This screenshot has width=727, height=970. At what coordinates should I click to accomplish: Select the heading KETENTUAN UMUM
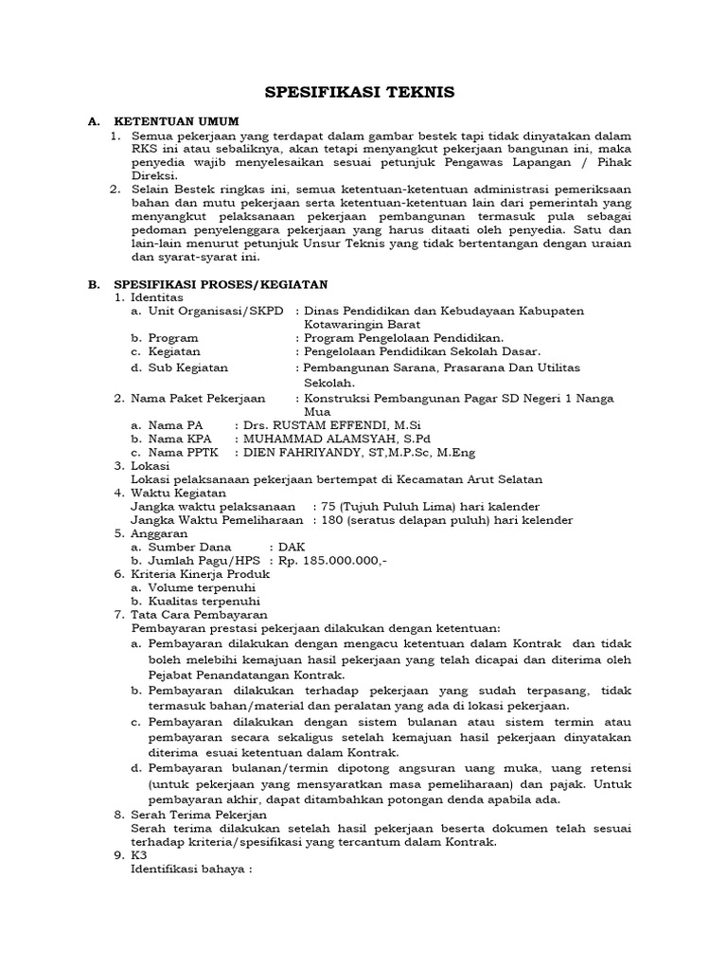pos(176,122)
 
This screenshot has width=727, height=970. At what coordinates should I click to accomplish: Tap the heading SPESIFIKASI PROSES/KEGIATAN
pos(221,283)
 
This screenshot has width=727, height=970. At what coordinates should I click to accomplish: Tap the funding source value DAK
pos(291,547)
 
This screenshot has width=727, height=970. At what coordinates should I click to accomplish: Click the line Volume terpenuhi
pos(204,587)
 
